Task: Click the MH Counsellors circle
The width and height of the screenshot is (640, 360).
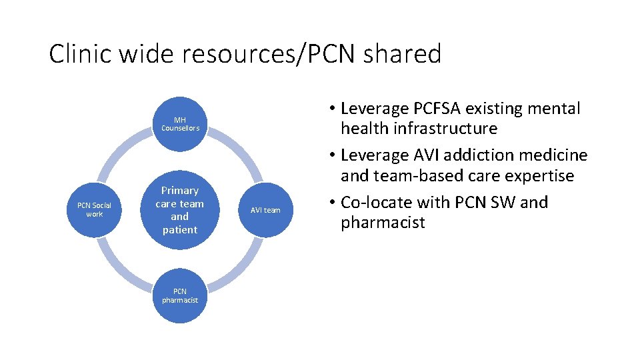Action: (180, 124)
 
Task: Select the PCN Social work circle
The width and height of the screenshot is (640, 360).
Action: (94, 210)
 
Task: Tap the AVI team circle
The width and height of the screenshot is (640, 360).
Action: (265, 210)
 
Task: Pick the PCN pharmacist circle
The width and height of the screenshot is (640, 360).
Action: (180, 296)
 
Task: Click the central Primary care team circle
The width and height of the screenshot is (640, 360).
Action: (180, 210)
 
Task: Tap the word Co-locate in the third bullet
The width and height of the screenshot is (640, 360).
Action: (381, 202)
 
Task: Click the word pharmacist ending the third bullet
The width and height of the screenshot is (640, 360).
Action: (382, 223)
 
